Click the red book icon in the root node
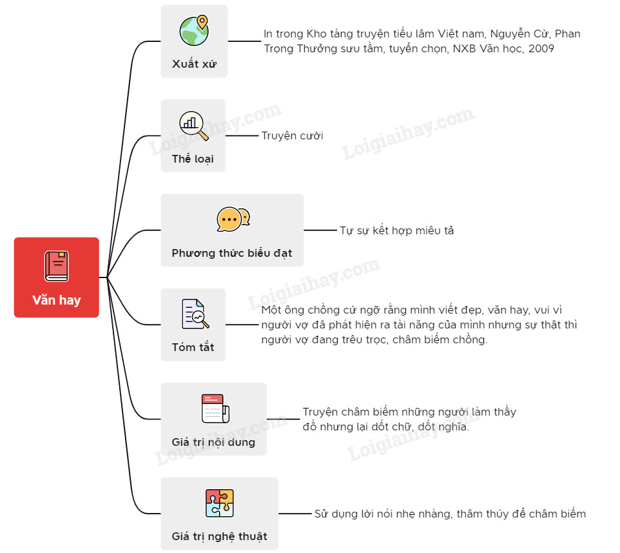point(57,266)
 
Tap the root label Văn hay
point(57,300)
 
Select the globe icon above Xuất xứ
point(193,30)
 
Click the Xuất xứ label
point(193,64)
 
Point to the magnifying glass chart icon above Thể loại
point(193,125)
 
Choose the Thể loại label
point(193,159)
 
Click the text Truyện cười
point(292,136)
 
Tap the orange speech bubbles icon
point(233,219)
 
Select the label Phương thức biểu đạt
point(231,253)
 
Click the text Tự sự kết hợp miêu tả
point(396,230)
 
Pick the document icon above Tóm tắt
point(194,314)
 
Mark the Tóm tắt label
point(193,347)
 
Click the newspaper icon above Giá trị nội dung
point(213,408)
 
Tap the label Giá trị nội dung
point(213,442)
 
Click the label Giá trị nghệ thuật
point(219,536)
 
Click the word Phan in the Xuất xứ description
point(567,34)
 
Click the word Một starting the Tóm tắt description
point(272,310)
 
